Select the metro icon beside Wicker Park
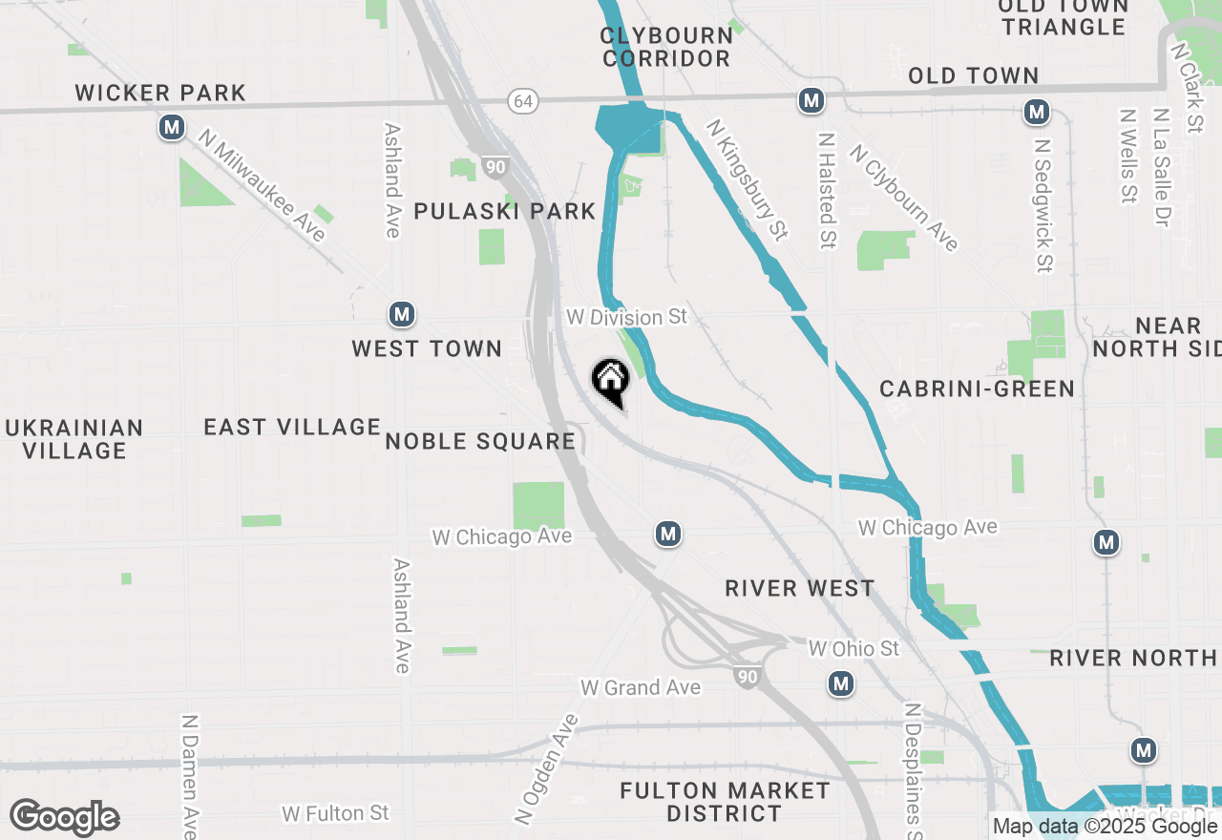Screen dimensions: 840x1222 click(172, 127)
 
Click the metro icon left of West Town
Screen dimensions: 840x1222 click(402, 314)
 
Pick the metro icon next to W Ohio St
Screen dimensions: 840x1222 click(840, 683)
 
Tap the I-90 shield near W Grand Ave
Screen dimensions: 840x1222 click(748, 677)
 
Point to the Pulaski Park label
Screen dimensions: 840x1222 click(504, 211)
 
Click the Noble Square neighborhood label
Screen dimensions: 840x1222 click(480, 441)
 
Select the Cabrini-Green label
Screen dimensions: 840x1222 click(977, 388)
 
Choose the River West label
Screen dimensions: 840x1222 click(799, 588)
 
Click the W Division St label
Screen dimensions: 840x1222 click(626, 316)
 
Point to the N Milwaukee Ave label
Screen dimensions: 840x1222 click(262, 185)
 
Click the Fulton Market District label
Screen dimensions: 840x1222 click(725, 802)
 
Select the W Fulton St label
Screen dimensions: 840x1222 click(335, 813)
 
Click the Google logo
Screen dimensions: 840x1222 click(65, 818)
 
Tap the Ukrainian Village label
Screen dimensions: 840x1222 click(74, 439)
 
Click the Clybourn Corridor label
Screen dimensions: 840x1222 click(666, 47)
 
